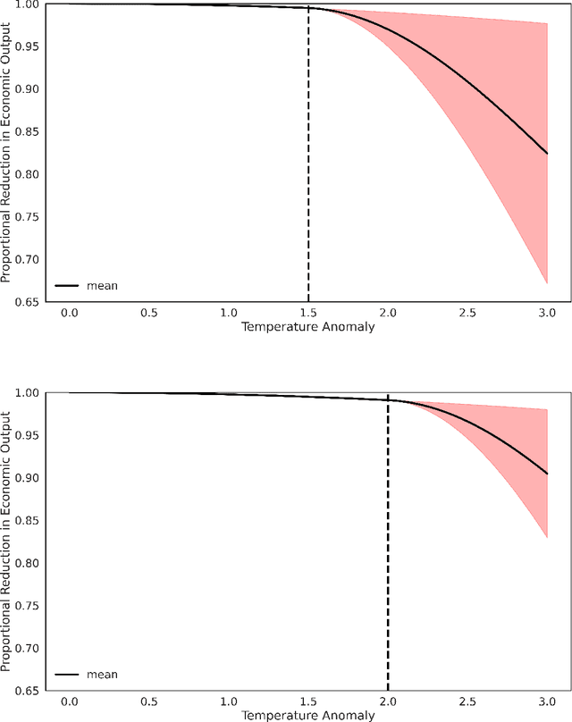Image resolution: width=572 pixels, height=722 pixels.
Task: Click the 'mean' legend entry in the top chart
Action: pyautogui.click(x=102, y=286)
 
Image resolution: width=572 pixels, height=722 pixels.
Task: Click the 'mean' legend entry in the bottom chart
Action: pyautogui.click(x=102, y=675)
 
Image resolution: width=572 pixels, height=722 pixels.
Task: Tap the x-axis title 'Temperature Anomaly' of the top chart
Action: pyautogui.click(x=307, y=326)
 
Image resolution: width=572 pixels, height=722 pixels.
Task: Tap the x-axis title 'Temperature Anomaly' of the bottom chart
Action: pyautogui.click(x=307, y=715)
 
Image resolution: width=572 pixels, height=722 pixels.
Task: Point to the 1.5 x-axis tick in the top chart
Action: pyautogui.click(x=308, y=313)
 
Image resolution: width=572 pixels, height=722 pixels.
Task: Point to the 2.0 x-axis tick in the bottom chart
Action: pyautogui.click(x=388, y=701)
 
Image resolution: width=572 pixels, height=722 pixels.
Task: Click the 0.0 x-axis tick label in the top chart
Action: pyautogui.click(x=69, y=313)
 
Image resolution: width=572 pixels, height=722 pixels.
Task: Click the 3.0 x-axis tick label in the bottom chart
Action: pyautogui.click(x=547, y=701)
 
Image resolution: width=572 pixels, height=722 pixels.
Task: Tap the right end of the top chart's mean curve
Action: pyautogui.click(x=547, y=154)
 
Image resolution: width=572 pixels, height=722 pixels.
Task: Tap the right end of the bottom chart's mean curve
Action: pyautogui.click(x=547, y=474)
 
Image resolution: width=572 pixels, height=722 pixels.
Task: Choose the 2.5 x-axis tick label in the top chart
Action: pyautogui.click(x=467, y=313)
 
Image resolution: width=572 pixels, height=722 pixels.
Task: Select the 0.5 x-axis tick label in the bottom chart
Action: pyautogui.click(x=148, y=701)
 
